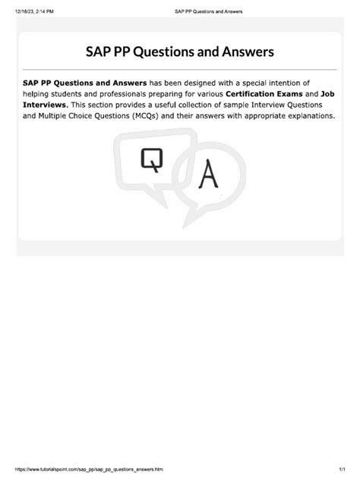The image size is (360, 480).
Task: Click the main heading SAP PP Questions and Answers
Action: point(180,52)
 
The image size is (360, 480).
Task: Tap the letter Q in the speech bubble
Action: point(151,160)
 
